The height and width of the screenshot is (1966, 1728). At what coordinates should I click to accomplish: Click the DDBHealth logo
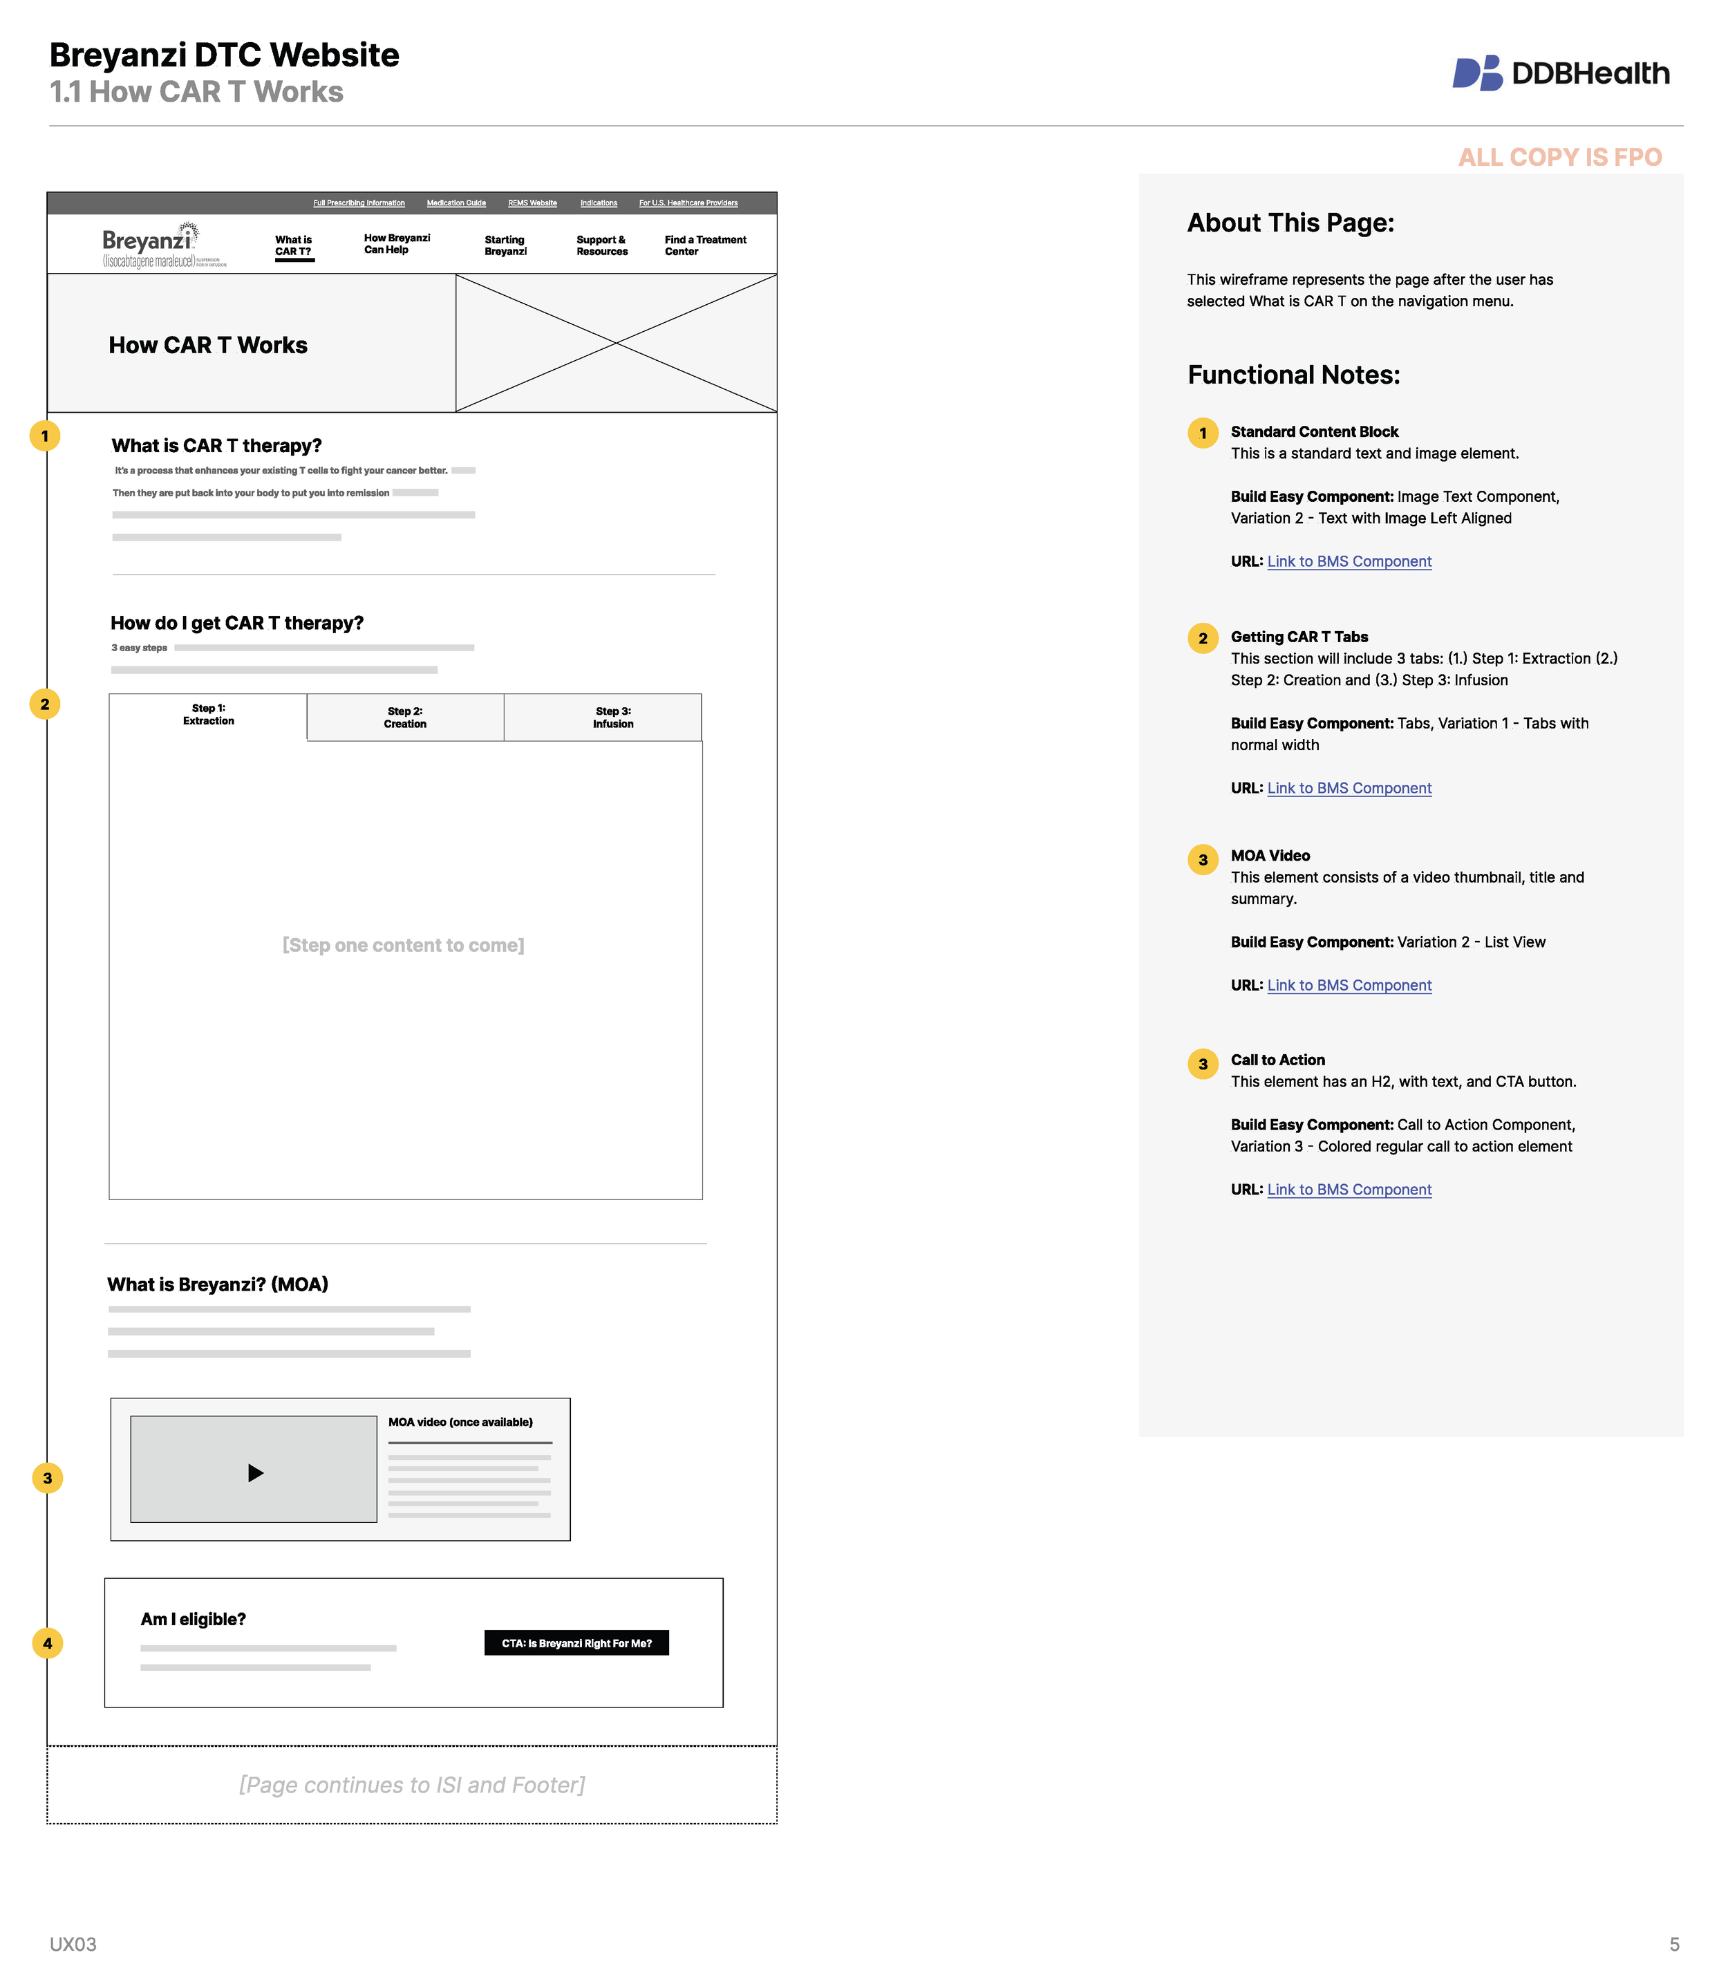point(1560,73)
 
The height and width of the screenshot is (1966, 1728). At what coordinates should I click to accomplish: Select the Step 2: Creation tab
point(405,718)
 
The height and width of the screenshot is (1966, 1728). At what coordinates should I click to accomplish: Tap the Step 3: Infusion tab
point(612,718)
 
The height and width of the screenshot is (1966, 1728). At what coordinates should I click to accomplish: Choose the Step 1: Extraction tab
point(208,715)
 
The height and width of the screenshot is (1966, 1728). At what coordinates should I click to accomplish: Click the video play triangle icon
point(255,1472)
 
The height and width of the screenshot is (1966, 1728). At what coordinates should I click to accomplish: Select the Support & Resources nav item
point(601,245)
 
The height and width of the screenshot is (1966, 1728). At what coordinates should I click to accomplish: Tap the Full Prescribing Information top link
point(359,203)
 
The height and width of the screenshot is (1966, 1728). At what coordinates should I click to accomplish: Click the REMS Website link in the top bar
point(532,203)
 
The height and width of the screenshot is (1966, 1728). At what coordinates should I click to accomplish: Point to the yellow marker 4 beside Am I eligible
point(47,1642)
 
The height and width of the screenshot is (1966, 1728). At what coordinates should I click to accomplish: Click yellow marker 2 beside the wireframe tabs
point(45,704)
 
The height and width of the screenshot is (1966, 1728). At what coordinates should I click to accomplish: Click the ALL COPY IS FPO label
point(1559,157)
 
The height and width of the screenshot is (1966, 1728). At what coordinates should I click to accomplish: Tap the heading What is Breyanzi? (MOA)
point(217,1284)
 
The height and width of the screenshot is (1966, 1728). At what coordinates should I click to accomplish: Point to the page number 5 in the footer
point(1674,1944)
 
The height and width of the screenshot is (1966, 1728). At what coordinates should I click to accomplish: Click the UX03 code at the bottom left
point(73,1944)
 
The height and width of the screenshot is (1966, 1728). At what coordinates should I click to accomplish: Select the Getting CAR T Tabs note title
point(1298,637)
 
